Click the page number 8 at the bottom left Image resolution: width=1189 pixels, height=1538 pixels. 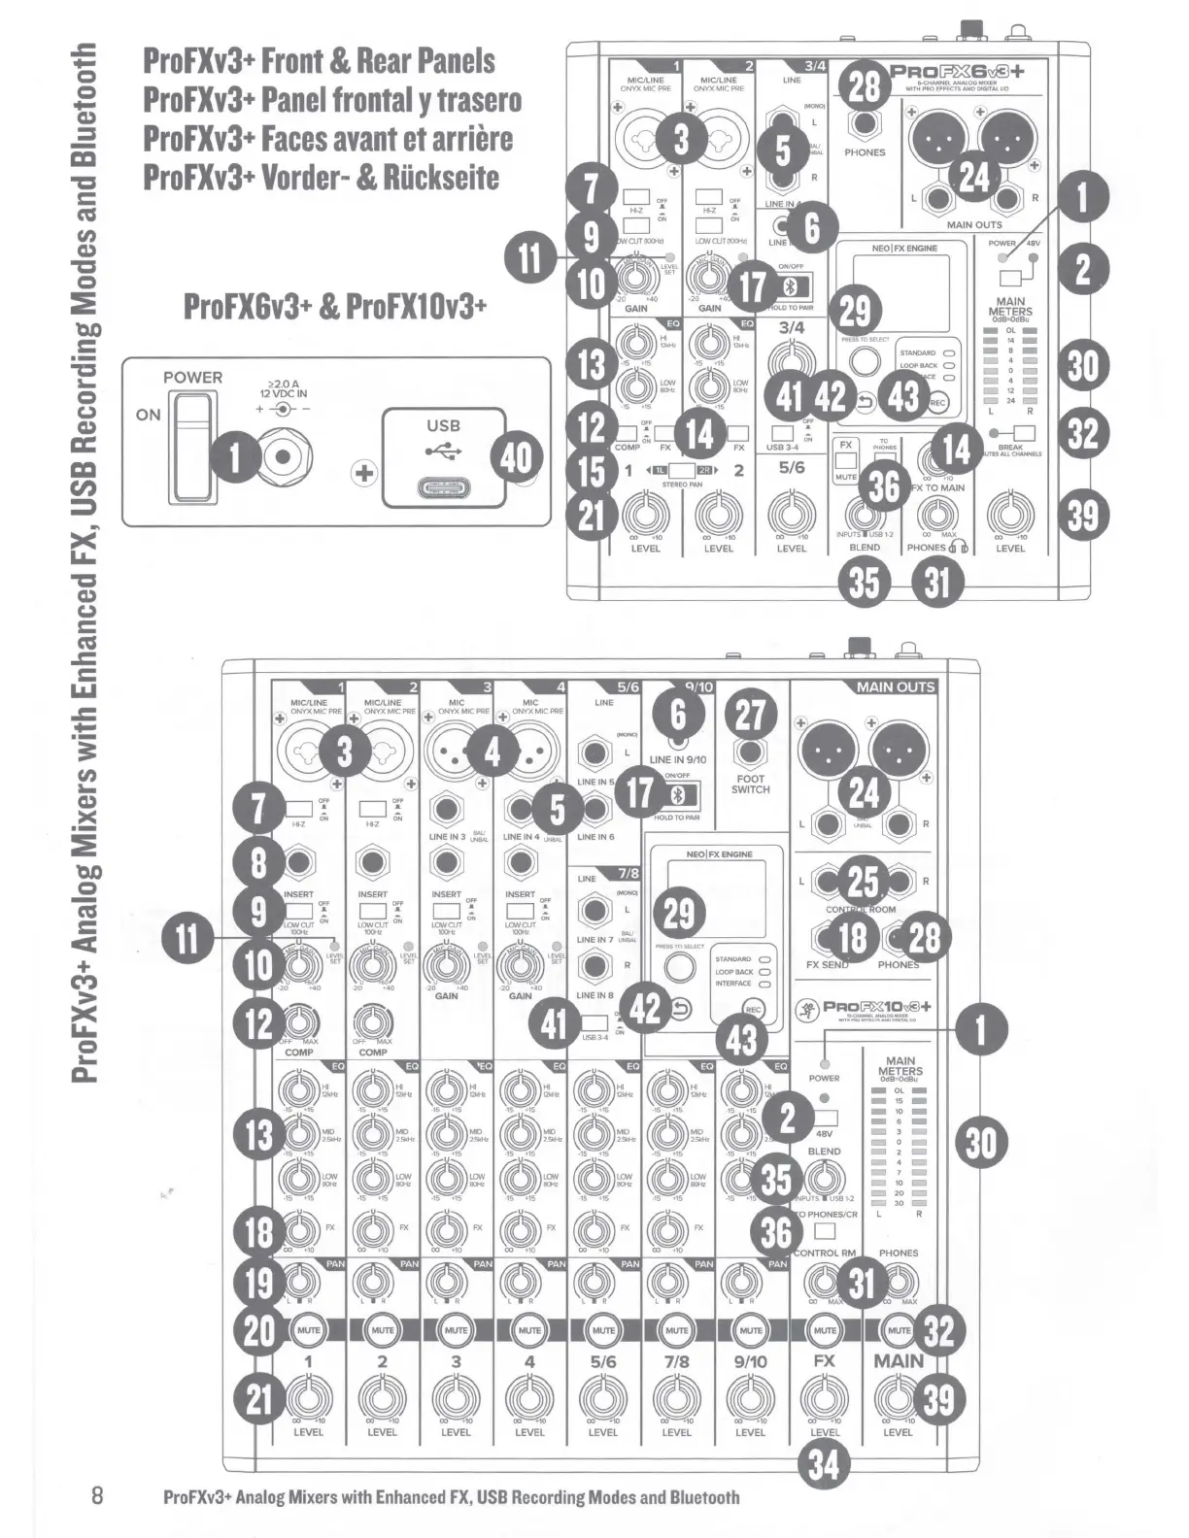tap(96, 1493)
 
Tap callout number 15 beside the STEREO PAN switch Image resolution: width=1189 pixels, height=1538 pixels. tap(592, 472)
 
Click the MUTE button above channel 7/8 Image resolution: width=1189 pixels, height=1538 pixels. tap(677, 1329)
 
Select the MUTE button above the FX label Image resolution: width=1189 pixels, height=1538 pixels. tap(825, 1329)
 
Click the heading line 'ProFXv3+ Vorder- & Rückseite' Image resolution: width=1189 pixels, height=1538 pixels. tap(321, 177)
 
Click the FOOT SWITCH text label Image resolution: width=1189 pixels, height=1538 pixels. tap(750, 784)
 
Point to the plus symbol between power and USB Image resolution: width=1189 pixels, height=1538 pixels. tap(365, 473)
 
